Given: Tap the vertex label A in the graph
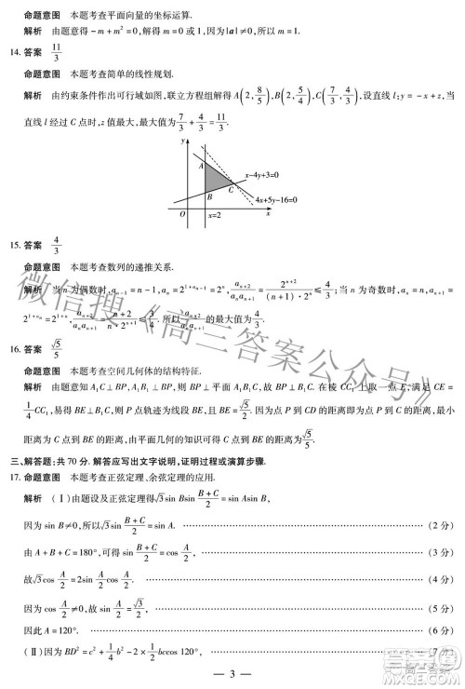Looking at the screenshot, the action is click(x=199, y=165).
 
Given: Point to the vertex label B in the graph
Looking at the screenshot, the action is click(x=209, y=196).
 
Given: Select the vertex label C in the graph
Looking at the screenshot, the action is click(x=231, y=189).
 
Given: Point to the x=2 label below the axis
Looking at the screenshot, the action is click(x=214, y=216).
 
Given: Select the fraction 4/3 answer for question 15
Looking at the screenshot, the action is click(x=57, y=246).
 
